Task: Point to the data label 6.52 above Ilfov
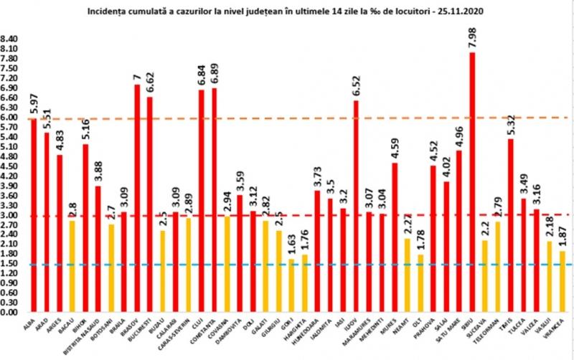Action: (355, 85)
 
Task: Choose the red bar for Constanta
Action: (214, 200)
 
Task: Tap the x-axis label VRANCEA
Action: (560, 331)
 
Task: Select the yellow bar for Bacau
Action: (71, 266)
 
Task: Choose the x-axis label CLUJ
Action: (200, 326)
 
